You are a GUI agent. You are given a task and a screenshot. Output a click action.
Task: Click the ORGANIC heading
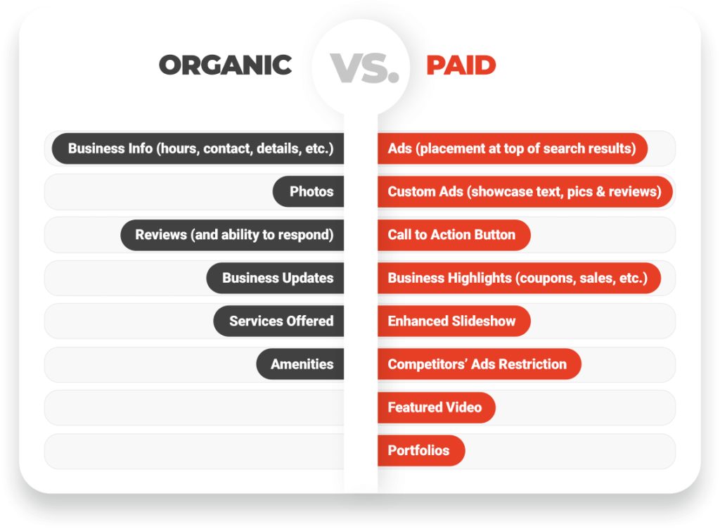tap(226, 65)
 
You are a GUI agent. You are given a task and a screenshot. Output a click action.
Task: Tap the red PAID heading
tap(461, 65)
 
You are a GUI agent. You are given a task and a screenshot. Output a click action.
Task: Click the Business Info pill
tap(198, 148)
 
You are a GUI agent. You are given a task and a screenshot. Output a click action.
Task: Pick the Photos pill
tap(308, 191)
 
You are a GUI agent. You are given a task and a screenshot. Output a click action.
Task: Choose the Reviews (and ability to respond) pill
tap(232, 235)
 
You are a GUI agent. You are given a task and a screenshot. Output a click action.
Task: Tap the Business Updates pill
tap(275, 278)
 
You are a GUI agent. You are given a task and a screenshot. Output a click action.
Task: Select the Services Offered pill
tap(278, 321)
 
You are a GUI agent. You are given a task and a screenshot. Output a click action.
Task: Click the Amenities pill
tap(300, 364)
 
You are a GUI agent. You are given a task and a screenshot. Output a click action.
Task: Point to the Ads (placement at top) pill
tap(513, 148)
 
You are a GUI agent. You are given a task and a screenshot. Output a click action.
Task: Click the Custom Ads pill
tap(525, 191)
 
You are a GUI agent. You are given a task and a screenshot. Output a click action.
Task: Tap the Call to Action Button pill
tap(454, 235)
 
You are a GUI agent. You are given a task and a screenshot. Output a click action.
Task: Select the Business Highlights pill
tap(519, 278)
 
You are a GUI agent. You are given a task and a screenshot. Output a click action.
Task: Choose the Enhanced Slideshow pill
tap(454, 321)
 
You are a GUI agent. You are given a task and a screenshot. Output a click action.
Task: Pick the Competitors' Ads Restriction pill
tap(480, 364)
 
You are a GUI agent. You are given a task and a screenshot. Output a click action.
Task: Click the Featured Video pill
tap(436, 407)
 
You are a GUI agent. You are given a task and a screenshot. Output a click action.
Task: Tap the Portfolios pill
tap(421, 450)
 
